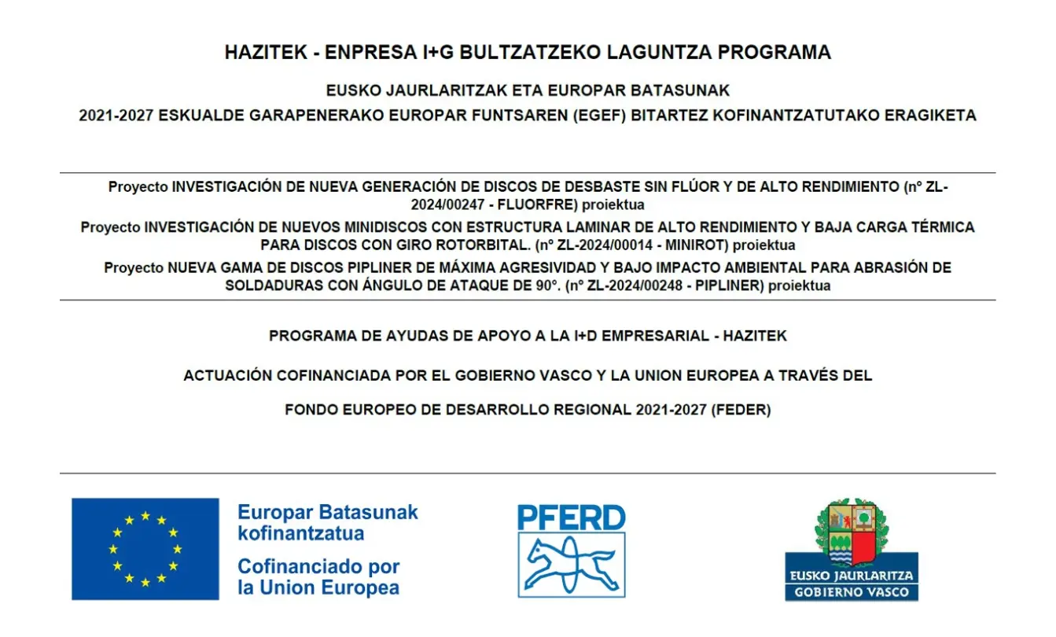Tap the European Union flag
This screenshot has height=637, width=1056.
(145, 549)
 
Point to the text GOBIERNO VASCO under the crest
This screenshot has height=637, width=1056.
(852, 592)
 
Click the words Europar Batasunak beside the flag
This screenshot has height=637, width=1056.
(328, 513)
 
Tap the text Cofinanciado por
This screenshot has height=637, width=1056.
(318, 566)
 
